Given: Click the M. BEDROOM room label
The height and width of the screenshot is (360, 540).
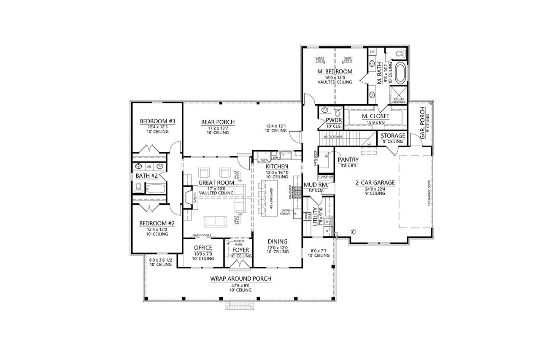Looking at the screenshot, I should tap(335, 72).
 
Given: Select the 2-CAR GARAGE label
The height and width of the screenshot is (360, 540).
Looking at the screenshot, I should tap(375, 183).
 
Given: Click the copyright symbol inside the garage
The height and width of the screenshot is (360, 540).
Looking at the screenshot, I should tap(354, 231).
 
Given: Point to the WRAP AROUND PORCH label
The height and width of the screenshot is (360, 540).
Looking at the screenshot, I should tap(240, 279).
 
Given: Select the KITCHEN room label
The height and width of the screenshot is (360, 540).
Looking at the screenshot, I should tap(277, 167).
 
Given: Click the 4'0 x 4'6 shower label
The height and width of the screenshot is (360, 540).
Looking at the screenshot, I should tap(399, 101).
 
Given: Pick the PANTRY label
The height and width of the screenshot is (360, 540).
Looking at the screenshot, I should tap(348, 160).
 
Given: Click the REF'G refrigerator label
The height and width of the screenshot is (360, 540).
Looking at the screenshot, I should tap(265, 159).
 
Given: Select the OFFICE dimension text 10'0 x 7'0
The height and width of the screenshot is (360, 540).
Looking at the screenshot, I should tap(203, 254).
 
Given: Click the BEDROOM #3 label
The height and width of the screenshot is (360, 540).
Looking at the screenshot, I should tap(157, 122).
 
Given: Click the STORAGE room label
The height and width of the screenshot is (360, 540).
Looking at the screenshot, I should tap(393, 136).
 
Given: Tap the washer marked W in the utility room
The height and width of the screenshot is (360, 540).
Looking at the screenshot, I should tap(327, 221).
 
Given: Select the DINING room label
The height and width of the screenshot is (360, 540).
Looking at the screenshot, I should tap(278, 242).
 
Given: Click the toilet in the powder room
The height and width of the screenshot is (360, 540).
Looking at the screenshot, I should tap(337, 113).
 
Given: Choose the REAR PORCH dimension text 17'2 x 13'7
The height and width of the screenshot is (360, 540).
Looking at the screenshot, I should tap(217, 127).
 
